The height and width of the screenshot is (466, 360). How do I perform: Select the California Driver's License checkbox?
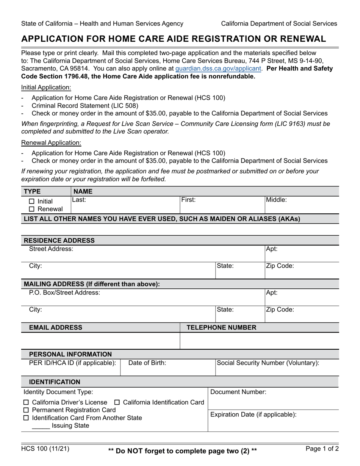(26, 402)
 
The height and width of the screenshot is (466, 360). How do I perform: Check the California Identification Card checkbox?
(117, 402)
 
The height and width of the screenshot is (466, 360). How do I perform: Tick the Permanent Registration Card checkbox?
(26, 410)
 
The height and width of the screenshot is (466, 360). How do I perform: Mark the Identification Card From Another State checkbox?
(26, 418)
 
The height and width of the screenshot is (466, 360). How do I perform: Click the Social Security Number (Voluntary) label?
(268, 363)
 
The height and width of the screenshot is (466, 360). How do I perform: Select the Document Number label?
(238, 392)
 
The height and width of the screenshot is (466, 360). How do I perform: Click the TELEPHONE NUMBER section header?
(221, 327)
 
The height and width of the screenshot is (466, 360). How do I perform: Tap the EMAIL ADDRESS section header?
(53, 327)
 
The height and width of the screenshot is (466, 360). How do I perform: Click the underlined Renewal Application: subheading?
(51, 143)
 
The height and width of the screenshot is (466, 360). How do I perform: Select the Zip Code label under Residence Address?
(280, 266)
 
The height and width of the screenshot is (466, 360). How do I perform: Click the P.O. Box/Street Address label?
(65, 292)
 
